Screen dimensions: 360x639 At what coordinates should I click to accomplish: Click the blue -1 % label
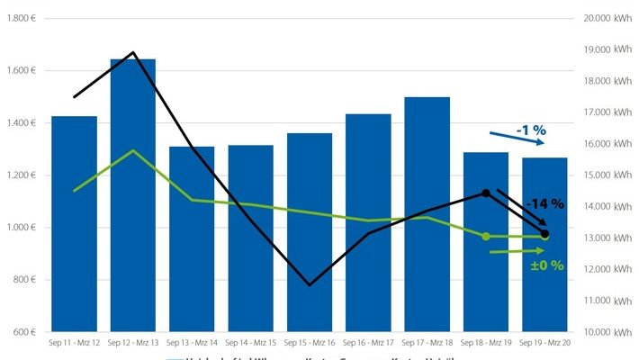[x=532, y=130]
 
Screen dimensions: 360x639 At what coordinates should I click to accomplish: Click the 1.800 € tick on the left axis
[x=21, y=18]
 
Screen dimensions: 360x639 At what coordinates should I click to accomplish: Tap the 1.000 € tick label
[x=21, y=228]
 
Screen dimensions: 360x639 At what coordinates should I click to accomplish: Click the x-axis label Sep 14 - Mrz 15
[x=250, y=344]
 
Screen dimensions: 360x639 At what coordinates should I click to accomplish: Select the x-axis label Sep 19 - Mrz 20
[x=544, y=344]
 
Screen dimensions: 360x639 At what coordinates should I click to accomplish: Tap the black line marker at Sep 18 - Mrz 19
[x=486, y=193]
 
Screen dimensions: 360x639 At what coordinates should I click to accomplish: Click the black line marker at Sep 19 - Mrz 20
[x=544, y=234]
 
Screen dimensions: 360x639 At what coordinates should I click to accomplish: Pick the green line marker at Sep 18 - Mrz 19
[x=486, y=236]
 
